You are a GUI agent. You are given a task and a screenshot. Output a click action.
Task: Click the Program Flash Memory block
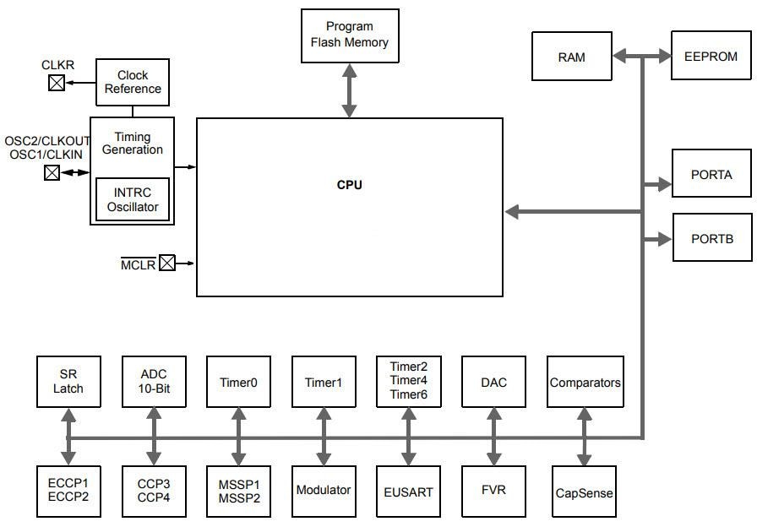349,35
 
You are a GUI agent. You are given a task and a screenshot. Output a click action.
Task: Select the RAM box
572,57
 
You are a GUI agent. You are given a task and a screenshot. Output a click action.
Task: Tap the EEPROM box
711,56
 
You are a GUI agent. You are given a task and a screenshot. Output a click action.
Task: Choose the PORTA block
711,174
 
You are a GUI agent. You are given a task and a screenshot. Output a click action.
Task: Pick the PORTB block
711,237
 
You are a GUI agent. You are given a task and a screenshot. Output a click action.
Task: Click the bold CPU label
349,185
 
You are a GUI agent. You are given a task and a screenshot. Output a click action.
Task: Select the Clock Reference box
133,82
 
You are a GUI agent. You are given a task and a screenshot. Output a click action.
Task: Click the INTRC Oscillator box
133,199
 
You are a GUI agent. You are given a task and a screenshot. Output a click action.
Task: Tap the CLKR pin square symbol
57,83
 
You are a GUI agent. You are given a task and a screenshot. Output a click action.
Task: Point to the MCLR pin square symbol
167,263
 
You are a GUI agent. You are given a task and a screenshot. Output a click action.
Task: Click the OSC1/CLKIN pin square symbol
52,172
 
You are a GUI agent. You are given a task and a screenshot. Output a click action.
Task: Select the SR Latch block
68,382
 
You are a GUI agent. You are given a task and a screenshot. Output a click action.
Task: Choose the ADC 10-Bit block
154,382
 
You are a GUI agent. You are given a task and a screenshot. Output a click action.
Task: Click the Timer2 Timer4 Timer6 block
408,381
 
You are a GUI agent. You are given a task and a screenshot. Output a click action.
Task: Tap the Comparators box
585,382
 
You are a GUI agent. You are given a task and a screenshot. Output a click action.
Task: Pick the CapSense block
584,492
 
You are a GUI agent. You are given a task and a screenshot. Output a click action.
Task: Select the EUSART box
408,491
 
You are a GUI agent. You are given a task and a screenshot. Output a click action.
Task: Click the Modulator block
323,491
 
